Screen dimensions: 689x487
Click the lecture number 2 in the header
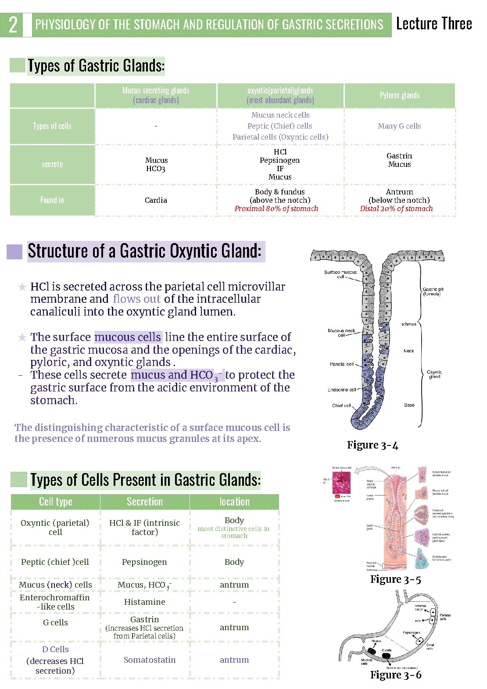13,25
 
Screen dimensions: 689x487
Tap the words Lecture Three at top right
433,24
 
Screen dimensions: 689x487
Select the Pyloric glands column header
399,95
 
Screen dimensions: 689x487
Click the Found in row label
52,200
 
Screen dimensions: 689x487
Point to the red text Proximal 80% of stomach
276,208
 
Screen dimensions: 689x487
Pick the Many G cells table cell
399,126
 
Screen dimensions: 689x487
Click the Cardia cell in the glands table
156,200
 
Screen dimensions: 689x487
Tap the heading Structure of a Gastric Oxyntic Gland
144,251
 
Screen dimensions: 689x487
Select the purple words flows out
136,299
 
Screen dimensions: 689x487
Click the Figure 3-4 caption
372,445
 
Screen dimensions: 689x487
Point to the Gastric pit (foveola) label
433,291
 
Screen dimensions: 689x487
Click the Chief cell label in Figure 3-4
341,406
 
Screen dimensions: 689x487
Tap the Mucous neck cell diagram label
341,333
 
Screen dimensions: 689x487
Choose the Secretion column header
145,502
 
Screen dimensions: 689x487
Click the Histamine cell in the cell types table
145,602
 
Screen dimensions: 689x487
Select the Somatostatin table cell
150,660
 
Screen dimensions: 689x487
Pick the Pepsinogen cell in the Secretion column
144,562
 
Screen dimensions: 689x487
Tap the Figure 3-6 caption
395,675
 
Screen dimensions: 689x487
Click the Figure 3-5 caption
395,580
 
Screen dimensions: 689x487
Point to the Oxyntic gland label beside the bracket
434,374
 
